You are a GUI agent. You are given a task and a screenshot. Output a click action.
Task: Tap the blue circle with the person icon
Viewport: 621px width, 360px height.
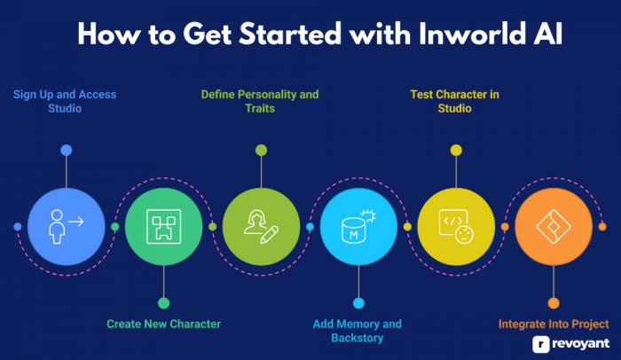[66, 226]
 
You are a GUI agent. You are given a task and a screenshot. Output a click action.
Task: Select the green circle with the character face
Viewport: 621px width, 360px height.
[163, 226]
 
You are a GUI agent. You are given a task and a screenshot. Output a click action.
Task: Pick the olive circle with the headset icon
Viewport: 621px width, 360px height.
[261, 226]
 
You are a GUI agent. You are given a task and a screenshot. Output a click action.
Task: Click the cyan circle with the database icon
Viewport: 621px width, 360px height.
[358, 226]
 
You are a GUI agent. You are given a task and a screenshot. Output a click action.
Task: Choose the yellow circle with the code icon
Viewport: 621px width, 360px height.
[456, 226]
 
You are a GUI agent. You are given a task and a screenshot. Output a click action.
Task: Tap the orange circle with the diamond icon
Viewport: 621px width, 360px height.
[554, 226]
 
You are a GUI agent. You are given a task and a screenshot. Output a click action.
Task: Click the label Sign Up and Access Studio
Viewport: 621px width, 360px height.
[64, 101]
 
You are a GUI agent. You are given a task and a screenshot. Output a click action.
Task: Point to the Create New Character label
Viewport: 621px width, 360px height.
[163, 324]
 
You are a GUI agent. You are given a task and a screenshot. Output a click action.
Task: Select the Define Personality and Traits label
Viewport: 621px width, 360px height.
[259, 101]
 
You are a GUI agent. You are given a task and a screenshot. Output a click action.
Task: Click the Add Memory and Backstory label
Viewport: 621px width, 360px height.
[358, 331]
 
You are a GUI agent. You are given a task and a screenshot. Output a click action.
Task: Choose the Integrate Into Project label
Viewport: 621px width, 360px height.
[554, 324]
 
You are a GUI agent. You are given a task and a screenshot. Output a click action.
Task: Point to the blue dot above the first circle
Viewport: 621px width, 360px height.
[66, 150]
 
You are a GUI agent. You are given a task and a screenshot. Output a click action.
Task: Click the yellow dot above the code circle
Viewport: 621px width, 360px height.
[456, 150]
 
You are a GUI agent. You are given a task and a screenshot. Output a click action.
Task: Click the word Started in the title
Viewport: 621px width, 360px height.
[271, 35]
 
